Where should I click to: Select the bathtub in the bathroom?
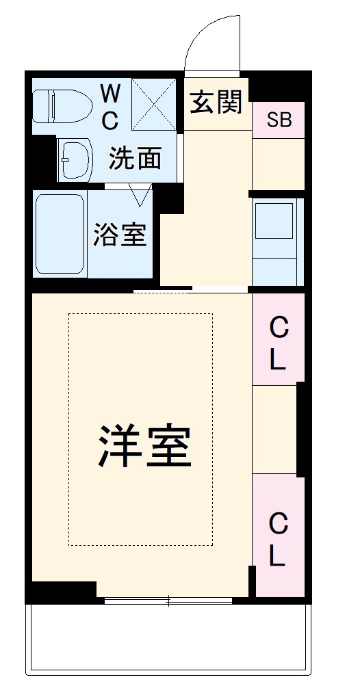[60, 234]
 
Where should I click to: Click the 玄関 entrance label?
[217, 103]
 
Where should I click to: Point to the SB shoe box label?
[279, 120]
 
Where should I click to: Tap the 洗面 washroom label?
[136, 159]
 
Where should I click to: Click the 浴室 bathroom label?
[120, 235]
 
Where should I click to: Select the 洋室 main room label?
[144, 445]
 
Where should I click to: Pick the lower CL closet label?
[277, 540]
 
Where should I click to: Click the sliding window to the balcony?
[168, 601]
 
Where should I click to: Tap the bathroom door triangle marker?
[142, 195]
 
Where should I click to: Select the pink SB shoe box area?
[279, 120]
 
